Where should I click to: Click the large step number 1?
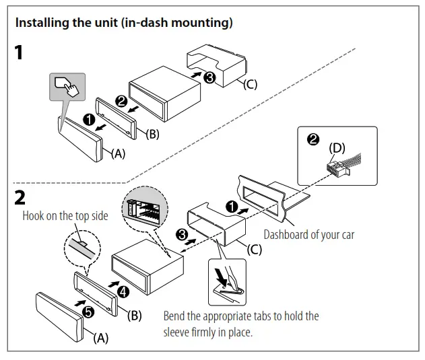pos(21,52)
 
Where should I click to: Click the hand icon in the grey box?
pos(68,88)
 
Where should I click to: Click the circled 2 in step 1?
pos(121,102)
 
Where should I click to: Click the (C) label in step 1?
pos(250,84)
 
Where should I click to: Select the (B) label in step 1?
pos(153,133)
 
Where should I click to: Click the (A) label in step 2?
pos(100,338)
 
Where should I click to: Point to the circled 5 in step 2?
pos(88,310)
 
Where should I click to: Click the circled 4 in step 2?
pos(122,292)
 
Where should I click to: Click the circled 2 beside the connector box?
pos(312,140)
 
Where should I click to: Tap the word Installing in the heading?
pos(40,22)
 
